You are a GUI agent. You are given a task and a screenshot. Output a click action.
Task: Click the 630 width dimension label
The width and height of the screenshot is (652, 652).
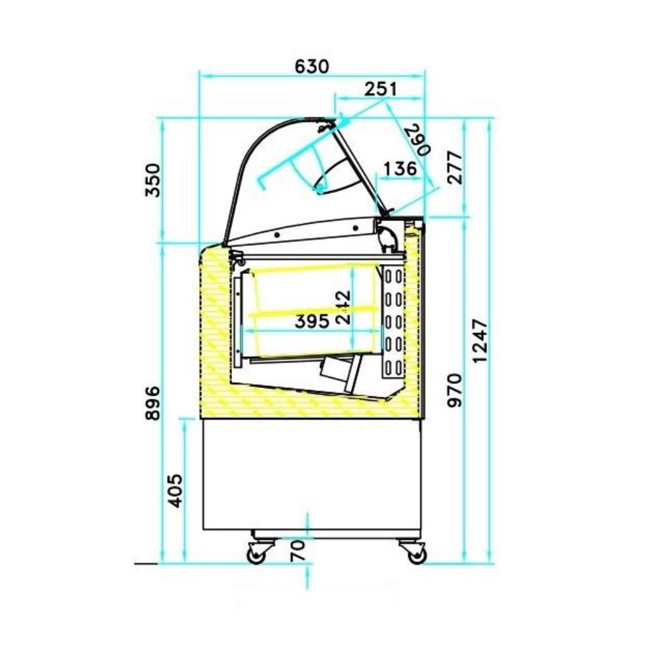312,66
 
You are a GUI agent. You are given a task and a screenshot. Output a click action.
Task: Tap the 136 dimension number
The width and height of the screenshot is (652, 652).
400,169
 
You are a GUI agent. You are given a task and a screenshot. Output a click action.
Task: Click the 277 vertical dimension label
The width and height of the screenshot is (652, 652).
454,168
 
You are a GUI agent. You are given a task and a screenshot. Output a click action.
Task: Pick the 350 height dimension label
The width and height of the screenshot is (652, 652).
151,181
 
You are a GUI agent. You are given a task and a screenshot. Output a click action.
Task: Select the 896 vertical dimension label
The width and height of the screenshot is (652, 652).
151,403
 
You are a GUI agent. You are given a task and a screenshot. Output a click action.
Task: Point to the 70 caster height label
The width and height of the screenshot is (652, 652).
297,552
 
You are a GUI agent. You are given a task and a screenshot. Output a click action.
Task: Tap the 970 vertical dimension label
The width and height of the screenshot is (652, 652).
454,390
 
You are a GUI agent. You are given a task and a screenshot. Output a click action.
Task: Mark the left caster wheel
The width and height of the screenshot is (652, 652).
254,555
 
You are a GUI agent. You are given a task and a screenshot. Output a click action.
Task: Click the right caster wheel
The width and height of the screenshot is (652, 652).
416,555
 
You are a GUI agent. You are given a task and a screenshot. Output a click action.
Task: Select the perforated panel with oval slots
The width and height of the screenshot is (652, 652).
393,321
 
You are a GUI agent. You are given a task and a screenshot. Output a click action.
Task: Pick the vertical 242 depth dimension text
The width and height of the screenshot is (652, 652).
344,306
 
